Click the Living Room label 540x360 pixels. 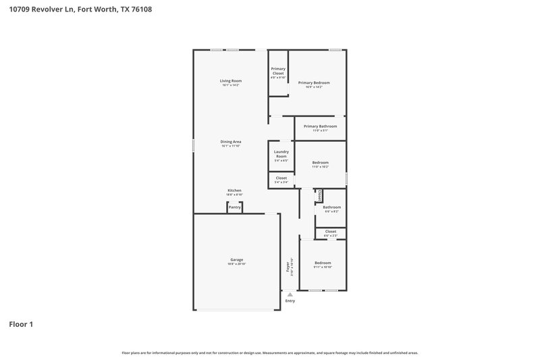[231, 81]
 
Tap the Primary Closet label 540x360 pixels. [278, 71]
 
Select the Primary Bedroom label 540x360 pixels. [314, 82]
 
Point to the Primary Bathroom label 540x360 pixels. [320, 126]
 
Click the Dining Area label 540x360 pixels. [231, 142]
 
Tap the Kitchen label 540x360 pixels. [234, 191]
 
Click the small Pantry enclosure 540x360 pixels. [234, 207]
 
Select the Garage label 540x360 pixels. [236, 259]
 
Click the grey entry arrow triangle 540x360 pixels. [290, 294]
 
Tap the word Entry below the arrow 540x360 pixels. [290, 301]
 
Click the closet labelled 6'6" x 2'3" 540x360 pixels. [331, 232]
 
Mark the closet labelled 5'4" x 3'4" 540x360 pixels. [281, 179]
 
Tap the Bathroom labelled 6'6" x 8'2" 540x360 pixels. [331, 208]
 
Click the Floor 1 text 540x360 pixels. [21, 325]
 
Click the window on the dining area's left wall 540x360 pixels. [194, 145]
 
